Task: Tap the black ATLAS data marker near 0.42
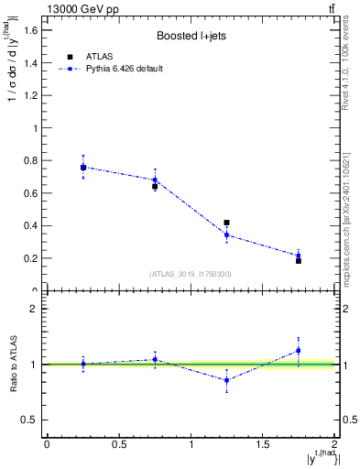(226, 223)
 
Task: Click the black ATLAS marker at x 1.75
(299, 261)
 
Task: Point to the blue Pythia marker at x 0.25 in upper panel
(82, 167)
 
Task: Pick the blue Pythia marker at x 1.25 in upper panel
(226, 234)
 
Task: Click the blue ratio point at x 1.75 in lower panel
(299, 350)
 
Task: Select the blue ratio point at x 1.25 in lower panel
(226, 380)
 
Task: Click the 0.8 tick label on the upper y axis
(29, 160)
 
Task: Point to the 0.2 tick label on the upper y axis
(29, 258)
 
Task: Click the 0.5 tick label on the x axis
(118, 444)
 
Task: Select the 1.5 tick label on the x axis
(262, 444)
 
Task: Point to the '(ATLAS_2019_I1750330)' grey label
(190, 274)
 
